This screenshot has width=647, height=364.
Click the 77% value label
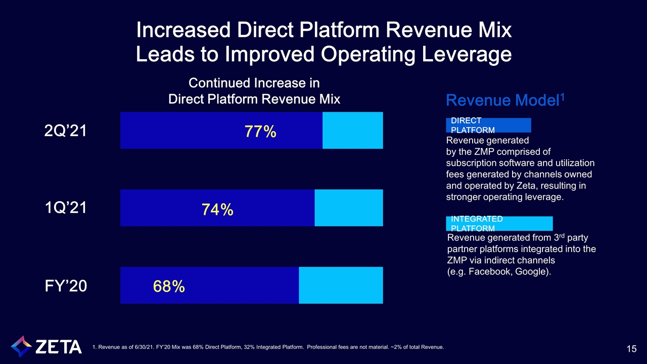pos(260,132)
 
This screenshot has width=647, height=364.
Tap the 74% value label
pos(217,209)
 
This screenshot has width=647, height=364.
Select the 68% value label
pos(169,287)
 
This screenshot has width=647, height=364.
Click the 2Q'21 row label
pos(66,131)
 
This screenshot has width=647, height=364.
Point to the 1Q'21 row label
pos(66,208)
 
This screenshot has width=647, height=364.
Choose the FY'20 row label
pos(66,286)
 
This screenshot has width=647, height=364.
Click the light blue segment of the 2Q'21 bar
pos(352,130)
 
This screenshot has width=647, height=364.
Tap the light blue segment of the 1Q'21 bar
pos(348,208)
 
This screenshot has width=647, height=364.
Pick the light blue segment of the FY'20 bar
pos(341,285)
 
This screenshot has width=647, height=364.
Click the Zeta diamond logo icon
pos(21,346)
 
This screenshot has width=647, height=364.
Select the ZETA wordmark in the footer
pos(59,347)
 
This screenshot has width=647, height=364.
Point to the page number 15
pos(631,349)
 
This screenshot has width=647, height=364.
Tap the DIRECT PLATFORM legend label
pos(488,125)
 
